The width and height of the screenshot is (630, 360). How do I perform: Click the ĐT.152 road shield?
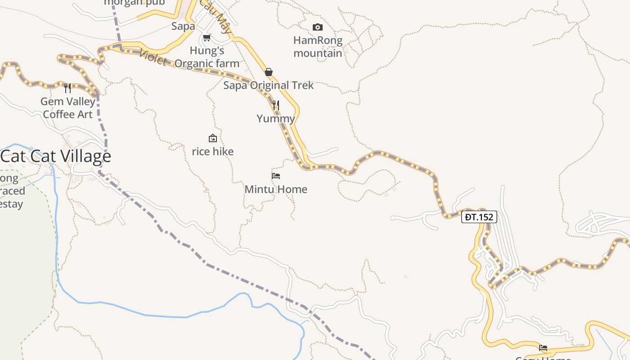coord(479,217)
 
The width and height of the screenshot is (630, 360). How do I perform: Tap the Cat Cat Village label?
coord(56,156)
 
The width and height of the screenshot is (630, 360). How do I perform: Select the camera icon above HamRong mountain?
coord(318,27)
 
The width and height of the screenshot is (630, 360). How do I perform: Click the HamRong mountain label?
coord(318,47)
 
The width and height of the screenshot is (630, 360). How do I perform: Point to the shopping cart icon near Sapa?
coord(207,38)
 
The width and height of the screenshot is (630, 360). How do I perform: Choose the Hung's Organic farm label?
coord(207,57)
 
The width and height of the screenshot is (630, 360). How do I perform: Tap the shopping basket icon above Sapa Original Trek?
coord(269,72)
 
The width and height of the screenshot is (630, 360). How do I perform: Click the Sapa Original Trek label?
coord(269,85)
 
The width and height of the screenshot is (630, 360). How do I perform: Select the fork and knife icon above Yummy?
coord(276,105)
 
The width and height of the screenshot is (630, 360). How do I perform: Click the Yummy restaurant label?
coord(276,118)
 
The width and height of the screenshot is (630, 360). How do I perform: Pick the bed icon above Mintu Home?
coord(276,176)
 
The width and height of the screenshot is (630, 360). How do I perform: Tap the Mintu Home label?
coord(276,189)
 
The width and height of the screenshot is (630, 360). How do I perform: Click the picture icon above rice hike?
coord(213,138)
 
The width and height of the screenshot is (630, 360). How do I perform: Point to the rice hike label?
coord(213,151)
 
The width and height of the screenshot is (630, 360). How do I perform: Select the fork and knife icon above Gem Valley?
coord(67,88)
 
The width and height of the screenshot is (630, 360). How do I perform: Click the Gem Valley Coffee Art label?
coord(67,108)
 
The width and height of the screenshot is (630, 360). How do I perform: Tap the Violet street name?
coord(153,57)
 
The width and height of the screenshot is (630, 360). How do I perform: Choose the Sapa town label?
coord(183,26)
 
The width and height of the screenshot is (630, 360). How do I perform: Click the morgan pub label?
coord(134,3)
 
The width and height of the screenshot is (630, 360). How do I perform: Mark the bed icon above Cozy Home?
coord(543,348)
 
